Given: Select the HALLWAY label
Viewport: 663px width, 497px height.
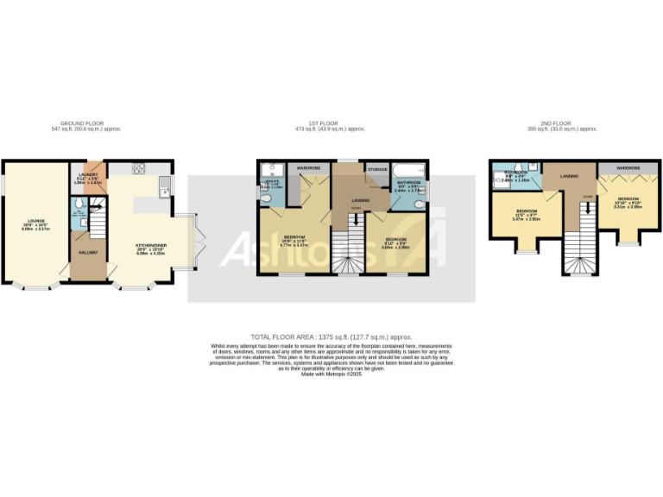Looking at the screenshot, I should click(88, 253).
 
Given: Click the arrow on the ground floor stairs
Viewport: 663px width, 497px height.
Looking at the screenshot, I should click(98, 206).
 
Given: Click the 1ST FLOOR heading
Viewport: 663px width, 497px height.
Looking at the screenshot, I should click(331, 123).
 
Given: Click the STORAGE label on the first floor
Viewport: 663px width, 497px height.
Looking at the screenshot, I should click(376, 170).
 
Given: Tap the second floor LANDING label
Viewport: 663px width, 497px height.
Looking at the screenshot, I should click(569, 176).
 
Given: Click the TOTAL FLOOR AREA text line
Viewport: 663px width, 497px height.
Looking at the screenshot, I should click(331, 336).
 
